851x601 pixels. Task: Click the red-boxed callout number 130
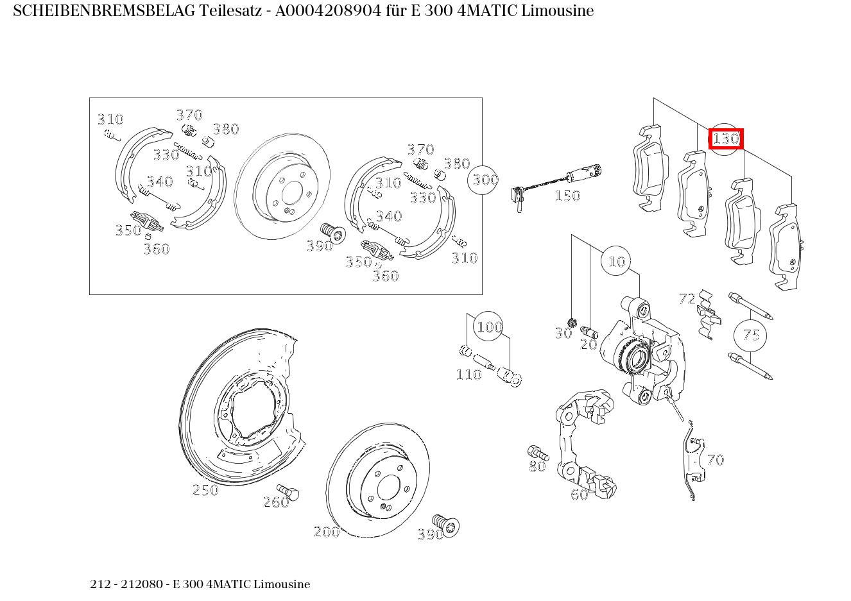tap(726, 139)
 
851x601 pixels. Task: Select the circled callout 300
tap(483, 180)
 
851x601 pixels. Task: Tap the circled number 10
tap(616, 261)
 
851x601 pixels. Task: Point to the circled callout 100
tap(488, 326)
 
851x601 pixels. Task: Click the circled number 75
tap(750, 335)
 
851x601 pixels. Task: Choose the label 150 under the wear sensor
tap(567, 196)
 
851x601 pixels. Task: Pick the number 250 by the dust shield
tap(205, 490)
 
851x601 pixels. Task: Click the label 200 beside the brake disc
tap(327, 532)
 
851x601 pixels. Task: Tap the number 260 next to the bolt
tap(276, 503)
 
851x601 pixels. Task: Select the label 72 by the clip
tap(687, 299)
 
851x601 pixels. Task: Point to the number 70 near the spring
tap(716, 460)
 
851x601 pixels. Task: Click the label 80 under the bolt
tap(538, 466)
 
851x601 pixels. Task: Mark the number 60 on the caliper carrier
tap(580, 495)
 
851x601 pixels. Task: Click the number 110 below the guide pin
tap(468, 375)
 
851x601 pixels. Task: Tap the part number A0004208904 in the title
tap(328, 11)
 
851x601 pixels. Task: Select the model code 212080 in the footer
tap(142, 584)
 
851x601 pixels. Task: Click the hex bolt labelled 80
tap(538, 453)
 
